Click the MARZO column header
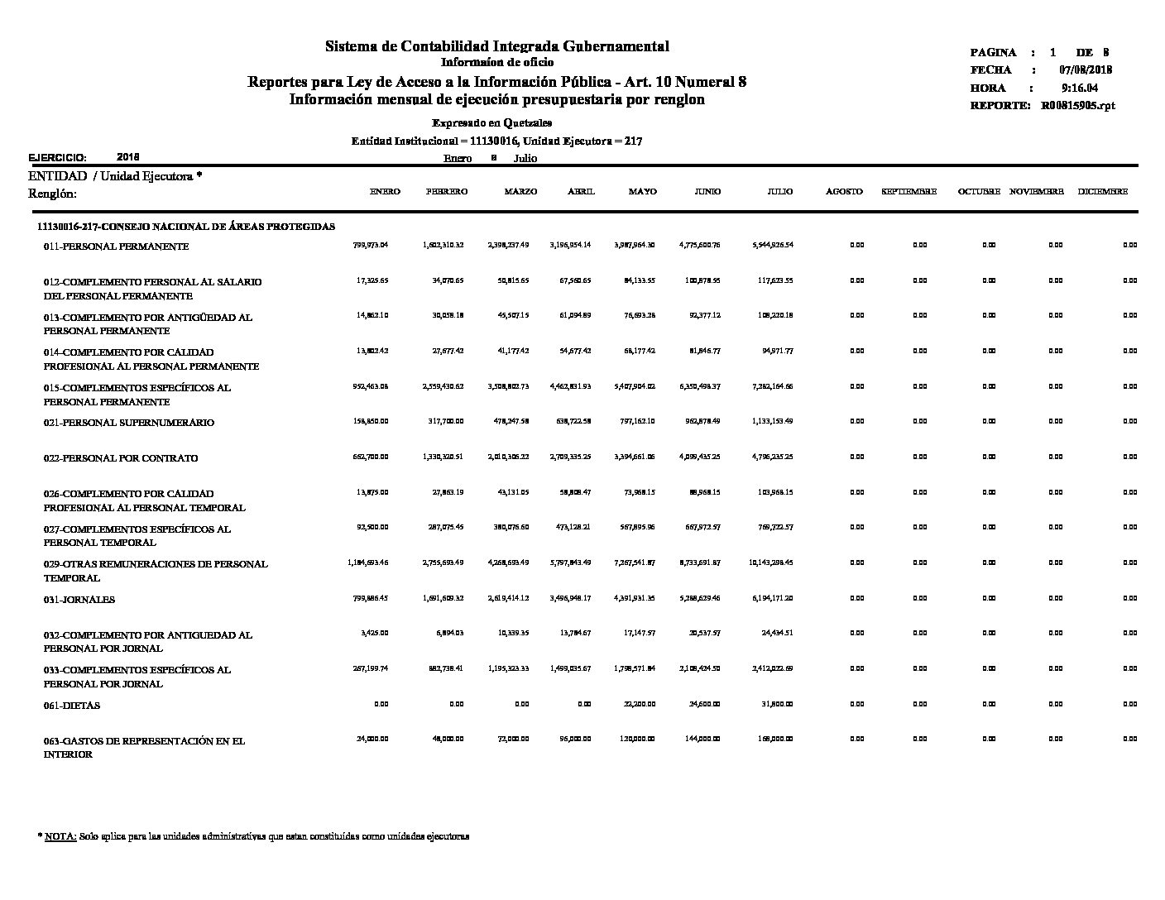[520, 192]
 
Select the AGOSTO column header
[844, 192]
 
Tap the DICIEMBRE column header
[1102, 192]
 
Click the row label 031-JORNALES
[79, 600]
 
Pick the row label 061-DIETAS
[72, 706]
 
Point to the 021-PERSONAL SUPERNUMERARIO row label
[128, 423]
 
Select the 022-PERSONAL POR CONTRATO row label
[121, 458]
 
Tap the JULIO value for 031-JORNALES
[772, 598]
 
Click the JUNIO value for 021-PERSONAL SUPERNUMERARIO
[702, 421]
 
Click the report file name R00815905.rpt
[1078, 106]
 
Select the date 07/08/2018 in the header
[1086, 70]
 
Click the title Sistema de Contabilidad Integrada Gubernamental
[496, 46]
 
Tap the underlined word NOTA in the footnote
[60, 837]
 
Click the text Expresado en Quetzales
[496, 123]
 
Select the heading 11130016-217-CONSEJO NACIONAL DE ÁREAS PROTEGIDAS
[186, 227]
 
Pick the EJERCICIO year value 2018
[128, 156]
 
